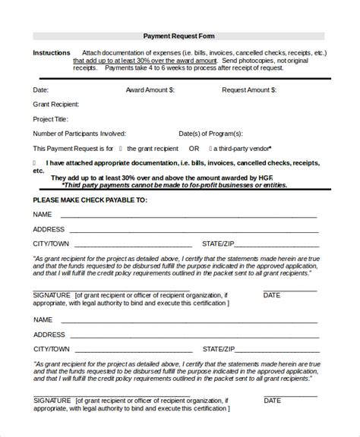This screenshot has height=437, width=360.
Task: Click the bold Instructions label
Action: (x=52, y=53)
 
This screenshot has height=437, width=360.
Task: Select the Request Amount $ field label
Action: (x=249, y=90)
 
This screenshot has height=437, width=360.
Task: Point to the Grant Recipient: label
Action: (x=56, y=104)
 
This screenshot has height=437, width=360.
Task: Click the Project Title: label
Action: (x=51, y=119)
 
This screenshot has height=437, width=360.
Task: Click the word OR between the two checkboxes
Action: (x=194, y=149)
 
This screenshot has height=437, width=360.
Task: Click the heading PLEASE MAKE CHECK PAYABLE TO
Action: (x=90, y=200)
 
